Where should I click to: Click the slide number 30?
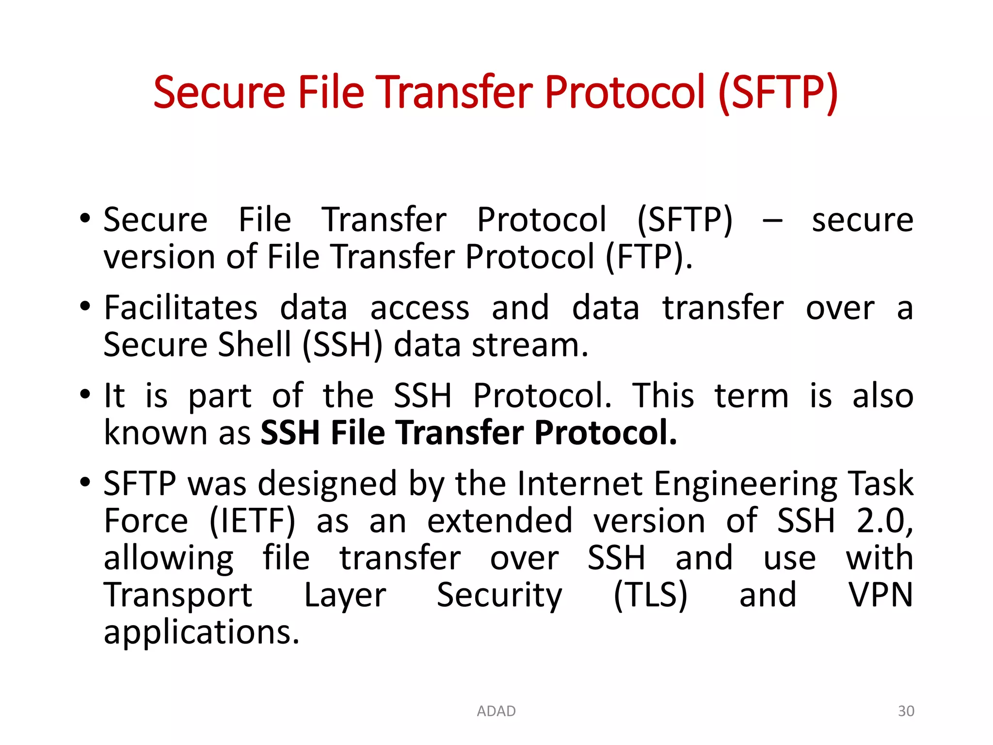point(906,711)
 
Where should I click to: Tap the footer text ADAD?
point(496,711)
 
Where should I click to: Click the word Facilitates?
point(180,308)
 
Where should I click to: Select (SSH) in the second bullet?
point(342,345)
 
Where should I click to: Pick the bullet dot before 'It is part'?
point(85,393)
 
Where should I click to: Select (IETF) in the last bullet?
point(252,521)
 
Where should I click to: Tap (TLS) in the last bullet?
point(650,595)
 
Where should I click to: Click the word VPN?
point(880,595)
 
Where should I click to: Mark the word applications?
point(201,633)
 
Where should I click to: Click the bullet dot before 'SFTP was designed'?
point(85,482)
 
